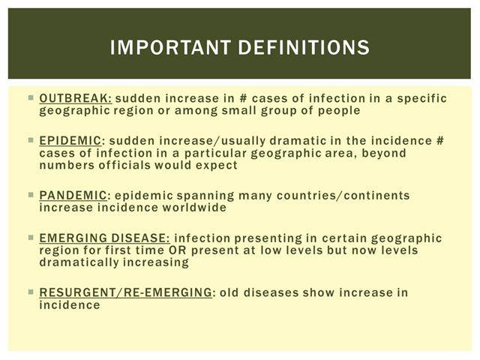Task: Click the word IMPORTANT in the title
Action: point(170,47)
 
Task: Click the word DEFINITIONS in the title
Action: point(304,47)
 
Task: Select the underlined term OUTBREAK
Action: point(76,98)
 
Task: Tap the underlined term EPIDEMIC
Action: point(70,141)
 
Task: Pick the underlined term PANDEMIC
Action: point(73,195)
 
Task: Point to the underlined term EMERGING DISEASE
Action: point(104,238)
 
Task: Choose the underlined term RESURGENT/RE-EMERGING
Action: point(125,292)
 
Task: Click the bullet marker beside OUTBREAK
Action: point(31,98)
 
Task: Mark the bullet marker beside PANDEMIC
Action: point(31,195)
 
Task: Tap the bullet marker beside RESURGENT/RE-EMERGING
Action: point(31,292)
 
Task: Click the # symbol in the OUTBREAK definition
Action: point(243,98)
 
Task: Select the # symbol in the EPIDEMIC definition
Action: point(439,141)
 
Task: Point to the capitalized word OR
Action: point(178,250)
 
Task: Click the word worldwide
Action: point(194,208)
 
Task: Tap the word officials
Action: point(124,165)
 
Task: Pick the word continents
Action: point(376,196)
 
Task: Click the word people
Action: point(339,111)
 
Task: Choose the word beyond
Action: point(384,153)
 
